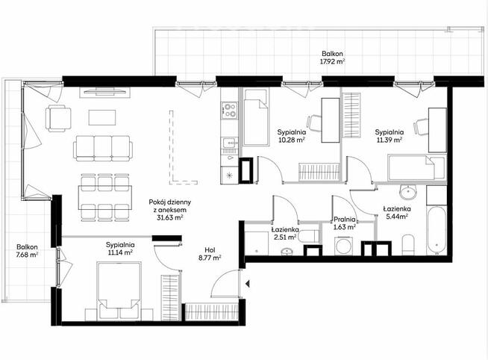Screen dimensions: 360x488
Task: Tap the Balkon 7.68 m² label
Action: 27,255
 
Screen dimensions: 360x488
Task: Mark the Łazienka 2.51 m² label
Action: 284,233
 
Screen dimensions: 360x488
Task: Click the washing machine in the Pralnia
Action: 345,247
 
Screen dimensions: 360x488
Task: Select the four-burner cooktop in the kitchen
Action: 229,111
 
